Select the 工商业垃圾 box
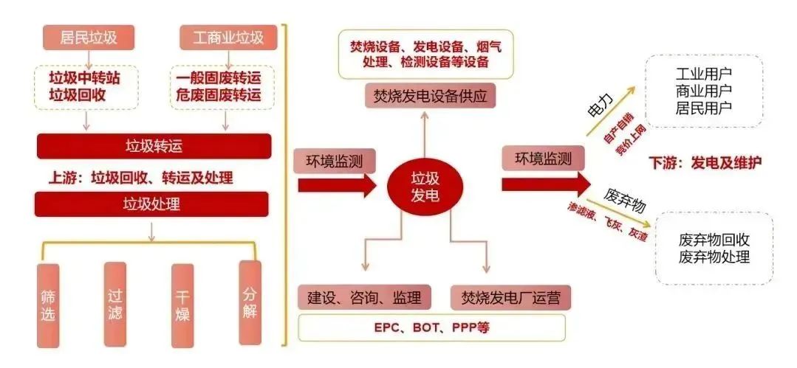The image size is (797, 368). coord(228,37)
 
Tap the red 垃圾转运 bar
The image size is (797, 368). coord(153,146)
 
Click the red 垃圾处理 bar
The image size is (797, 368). coord(152,204)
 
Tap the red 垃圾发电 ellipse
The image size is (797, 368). coord(425,185)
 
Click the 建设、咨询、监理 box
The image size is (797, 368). coord(364,297)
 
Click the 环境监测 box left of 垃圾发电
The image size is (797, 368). coord(329,159)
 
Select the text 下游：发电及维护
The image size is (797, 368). coord(705,162)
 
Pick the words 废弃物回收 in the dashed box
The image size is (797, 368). coord(714,240)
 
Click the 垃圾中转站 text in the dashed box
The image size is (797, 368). coord(84,78)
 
